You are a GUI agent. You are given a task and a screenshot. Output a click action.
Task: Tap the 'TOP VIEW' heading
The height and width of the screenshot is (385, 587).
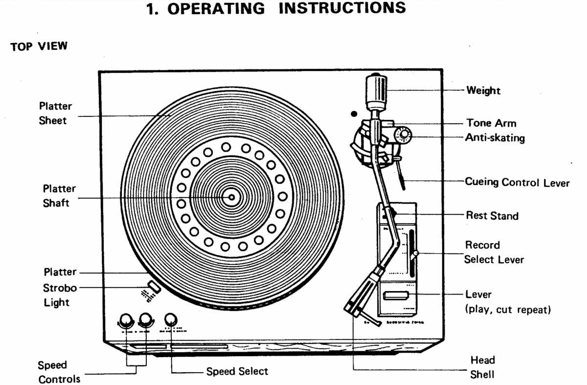pyautogui.click(x=39, y=47)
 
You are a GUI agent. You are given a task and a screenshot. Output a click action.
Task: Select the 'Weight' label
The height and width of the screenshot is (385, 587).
pyautogui.click(x=483, y=91)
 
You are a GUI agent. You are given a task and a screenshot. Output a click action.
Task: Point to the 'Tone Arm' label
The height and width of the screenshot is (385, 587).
pyautogui.click(x=491, y=123)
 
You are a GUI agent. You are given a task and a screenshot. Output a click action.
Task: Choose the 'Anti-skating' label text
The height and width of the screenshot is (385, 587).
pyautogui.click(x=495, y=138)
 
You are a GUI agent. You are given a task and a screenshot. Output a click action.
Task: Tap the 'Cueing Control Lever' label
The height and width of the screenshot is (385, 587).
pyautogui.click(x=517, y=182)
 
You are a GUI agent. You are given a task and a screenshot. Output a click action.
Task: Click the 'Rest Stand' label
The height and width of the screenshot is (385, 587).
pyautogui.click(x=492, y=215)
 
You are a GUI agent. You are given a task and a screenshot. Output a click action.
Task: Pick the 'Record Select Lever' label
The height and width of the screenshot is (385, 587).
pyautogui.click(x=493, y=252)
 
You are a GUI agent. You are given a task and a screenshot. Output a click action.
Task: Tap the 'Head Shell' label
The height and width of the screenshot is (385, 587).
pyautogui.click(x=482, y=367)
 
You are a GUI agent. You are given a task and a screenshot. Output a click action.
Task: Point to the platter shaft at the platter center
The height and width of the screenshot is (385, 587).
pyautogui.click(x=231, y=198)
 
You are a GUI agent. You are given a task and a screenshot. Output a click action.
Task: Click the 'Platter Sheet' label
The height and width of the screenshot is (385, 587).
pyautogui.click(x=55, y=113)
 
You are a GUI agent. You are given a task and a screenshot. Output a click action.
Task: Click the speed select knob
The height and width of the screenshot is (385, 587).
pyautogui.click(x=171, y=320)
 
